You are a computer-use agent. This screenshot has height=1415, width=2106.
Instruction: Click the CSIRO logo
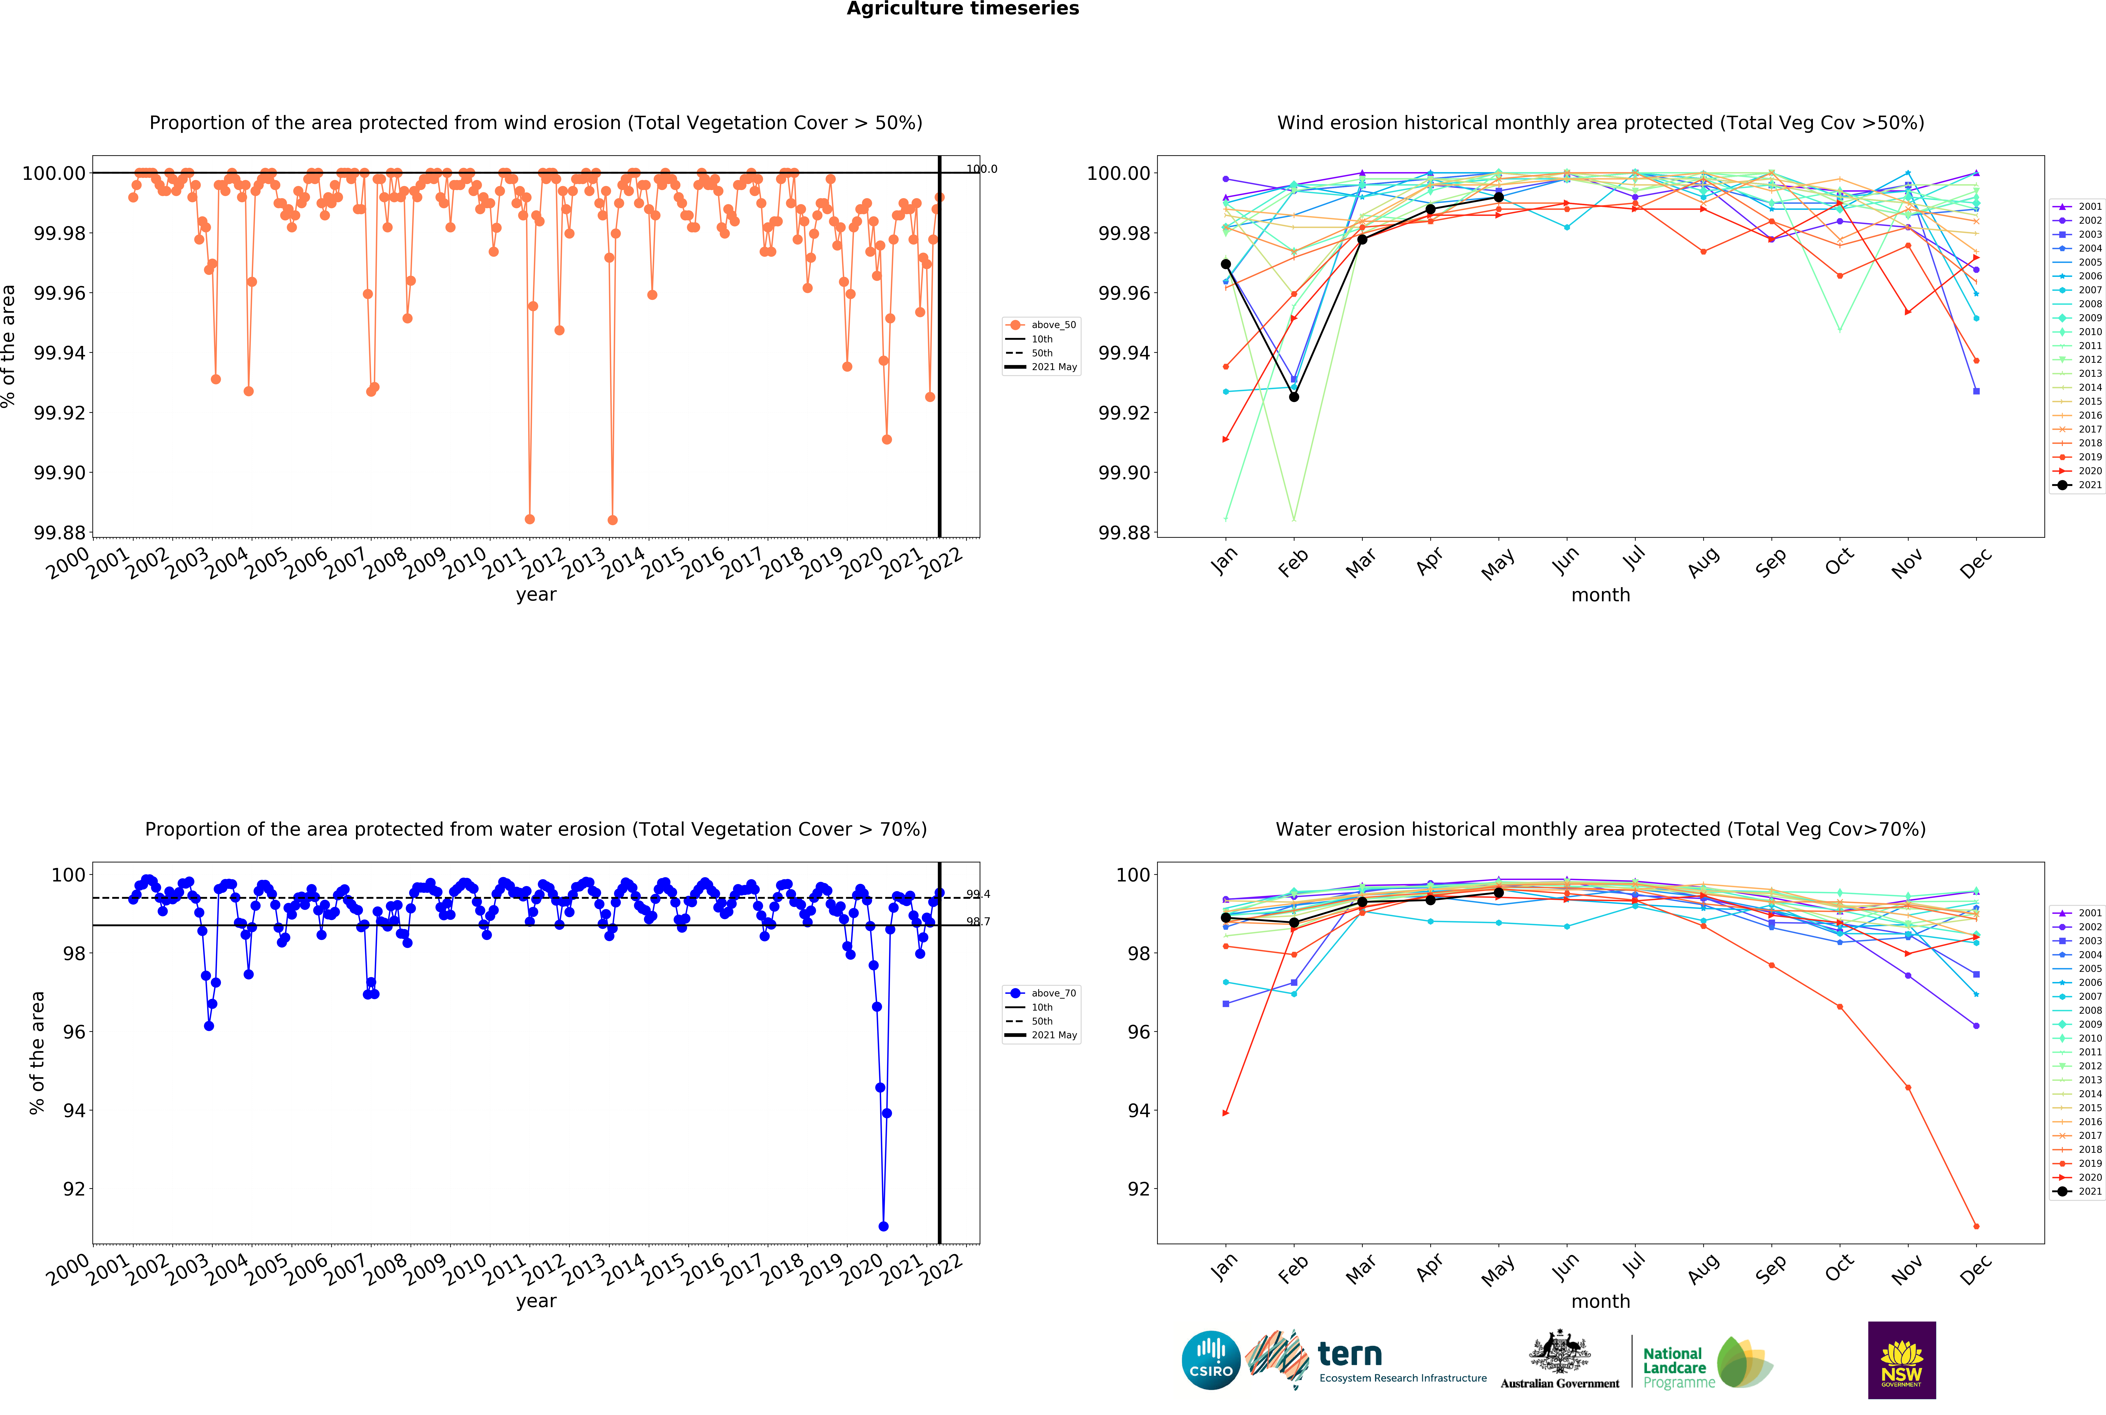click(x=1211, y=1360)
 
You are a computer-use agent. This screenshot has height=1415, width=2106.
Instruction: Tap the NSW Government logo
click(x=1901, y=1360)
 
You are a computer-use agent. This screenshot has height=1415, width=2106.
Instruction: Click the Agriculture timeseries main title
click(x=962, y=9)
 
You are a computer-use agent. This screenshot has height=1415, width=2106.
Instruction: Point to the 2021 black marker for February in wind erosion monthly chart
click(x=1294, y=397)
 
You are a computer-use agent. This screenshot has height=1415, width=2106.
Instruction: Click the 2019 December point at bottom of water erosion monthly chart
click(x=1976, y=1226)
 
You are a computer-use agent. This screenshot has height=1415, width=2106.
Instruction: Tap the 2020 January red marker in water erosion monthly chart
click(x=1225, y=1113)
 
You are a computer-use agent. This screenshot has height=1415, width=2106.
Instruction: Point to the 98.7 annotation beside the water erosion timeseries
click(x=978, y=921)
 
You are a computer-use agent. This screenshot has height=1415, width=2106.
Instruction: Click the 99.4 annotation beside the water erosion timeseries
click(x=978, y=894)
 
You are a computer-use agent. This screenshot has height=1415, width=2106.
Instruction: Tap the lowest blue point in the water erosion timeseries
click(x=883, y=1226)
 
